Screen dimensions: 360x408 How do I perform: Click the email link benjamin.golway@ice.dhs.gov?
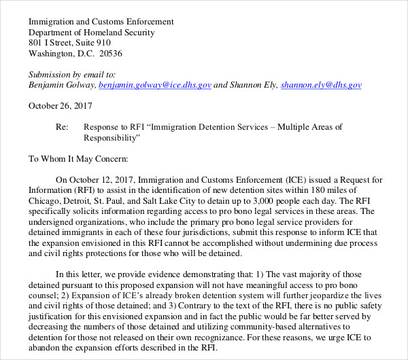[155, 86]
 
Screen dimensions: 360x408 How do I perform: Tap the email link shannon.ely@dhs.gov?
[321, 86]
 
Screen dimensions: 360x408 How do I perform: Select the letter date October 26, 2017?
[61, 106]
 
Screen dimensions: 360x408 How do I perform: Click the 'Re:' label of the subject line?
[61, 127]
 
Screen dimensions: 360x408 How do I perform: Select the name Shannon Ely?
[255, 86]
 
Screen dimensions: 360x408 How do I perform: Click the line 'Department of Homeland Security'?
[92, 33]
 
